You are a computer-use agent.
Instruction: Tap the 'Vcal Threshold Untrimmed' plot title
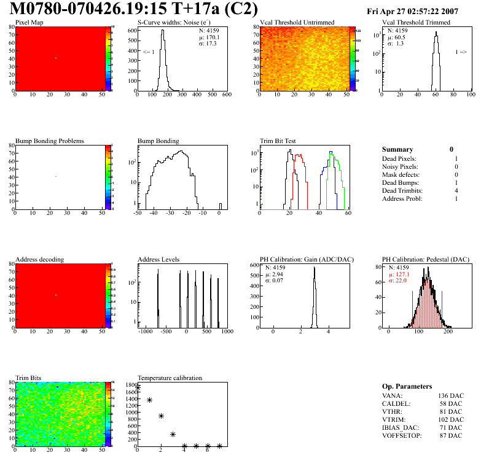297,23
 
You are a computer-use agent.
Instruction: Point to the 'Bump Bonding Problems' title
49,141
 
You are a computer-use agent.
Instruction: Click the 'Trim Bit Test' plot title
278,141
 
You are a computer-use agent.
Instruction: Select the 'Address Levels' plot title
158,260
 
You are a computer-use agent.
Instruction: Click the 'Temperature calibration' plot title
170,378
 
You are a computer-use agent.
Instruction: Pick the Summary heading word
397,149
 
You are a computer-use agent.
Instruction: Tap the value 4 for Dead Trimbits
456,191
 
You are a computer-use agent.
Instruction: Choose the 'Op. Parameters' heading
407,386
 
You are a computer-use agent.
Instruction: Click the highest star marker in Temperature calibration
138,387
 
